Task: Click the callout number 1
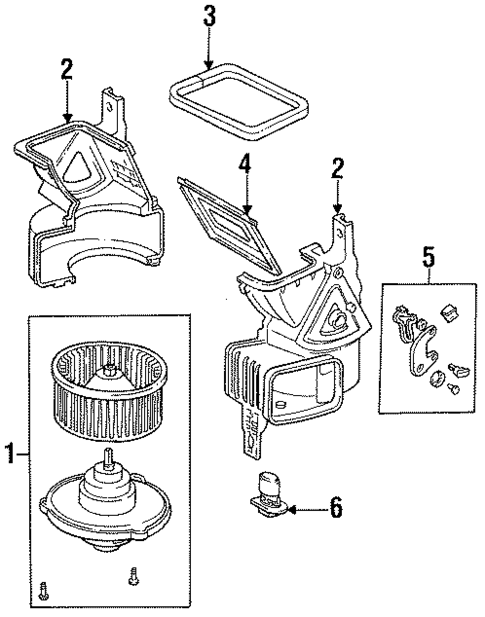tap(9, 456)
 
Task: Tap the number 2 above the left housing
tap(66, 69)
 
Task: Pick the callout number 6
tap(335, 509)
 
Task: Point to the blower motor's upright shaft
tap(107, 463)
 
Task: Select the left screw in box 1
tap(44, 586)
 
